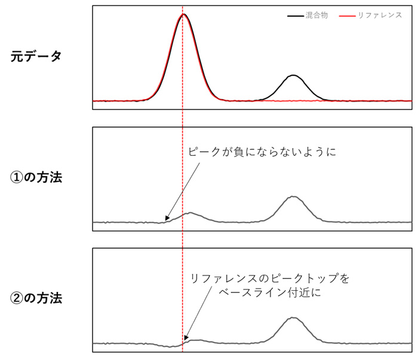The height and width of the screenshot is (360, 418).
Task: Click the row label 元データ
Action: [36, 56]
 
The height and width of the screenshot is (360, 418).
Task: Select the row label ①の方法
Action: [36, 177]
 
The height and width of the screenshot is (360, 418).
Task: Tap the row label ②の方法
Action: [36, 298]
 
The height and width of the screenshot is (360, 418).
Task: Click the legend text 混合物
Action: [316, 15]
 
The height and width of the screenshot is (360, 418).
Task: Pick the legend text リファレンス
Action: [380, 15]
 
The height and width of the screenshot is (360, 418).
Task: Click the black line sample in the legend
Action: [296, 16]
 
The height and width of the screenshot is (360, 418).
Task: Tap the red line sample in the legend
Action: [347, 16]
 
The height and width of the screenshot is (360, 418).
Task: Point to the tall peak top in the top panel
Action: [183, 14]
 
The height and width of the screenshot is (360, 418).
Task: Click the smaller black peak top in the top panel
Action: [293, 75]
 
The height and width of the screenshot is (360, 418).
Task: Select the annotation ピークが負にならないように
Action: [262, 152]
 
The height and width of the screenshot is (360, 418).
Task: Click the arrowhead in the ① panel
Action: [167, 219]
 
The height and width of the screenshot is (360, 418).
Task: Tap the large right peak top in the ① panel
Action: [293, 196]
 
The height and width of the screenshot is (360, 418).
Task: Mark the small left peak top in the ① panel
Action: [190, 213]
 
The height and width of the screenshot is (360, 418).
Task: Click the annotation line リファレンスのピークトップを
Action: [270, 278]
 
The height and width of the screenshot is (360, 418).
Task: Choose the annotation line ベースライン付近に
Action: [270, 293]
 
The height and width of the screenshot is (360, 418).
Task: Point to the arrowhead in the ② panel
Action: [186, 338]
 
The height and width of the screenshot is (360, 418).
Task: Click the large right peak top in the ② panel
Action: [293, 318]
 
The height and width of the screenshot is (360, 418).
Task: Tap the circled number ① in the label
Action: [17, 177]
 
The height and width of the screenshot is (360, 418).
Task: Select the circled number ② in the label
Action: [17, 298]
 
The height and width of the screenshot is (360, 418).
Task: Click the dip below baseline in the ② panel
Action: [170, 347]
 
